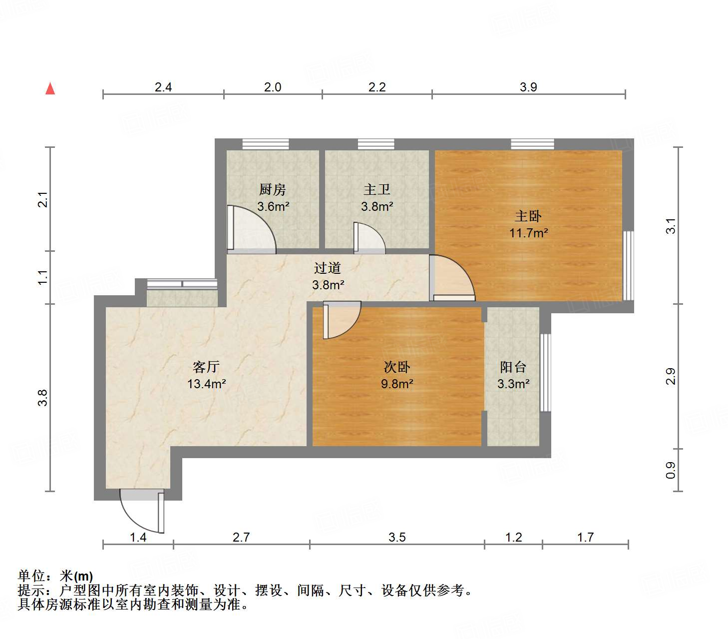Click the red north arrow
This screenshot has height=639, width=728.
50,88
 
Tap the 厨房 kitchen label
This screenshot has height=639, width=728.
273,190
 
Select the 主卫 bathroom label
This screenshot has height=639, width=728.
377,190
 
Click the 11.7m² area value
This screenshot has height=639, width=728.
529,233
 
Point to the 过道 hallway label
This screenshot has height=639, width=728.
328,268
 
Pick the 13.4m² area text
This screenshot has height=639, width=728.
206,384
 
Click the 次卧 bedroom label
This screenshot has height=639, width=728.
397,367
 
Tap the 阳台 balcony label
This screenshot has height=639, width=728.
513,367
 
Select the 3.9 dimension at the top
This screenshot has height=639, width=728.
528,87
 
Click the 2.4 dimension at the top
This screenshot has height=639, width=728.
163,87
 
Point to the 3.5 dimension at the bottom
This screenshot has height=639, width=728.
397,537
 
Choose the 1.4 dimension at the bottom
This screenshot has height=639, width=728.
138,537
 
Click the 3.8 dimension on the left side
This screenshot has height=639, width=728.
43,397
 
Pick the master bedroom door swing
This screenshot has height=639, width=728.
452,277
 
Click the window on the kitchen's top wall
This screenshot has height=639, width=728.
266,144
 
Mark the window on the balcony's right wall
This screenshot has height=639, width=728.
545,372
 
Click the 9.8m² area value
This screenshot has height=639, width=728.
397,384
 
